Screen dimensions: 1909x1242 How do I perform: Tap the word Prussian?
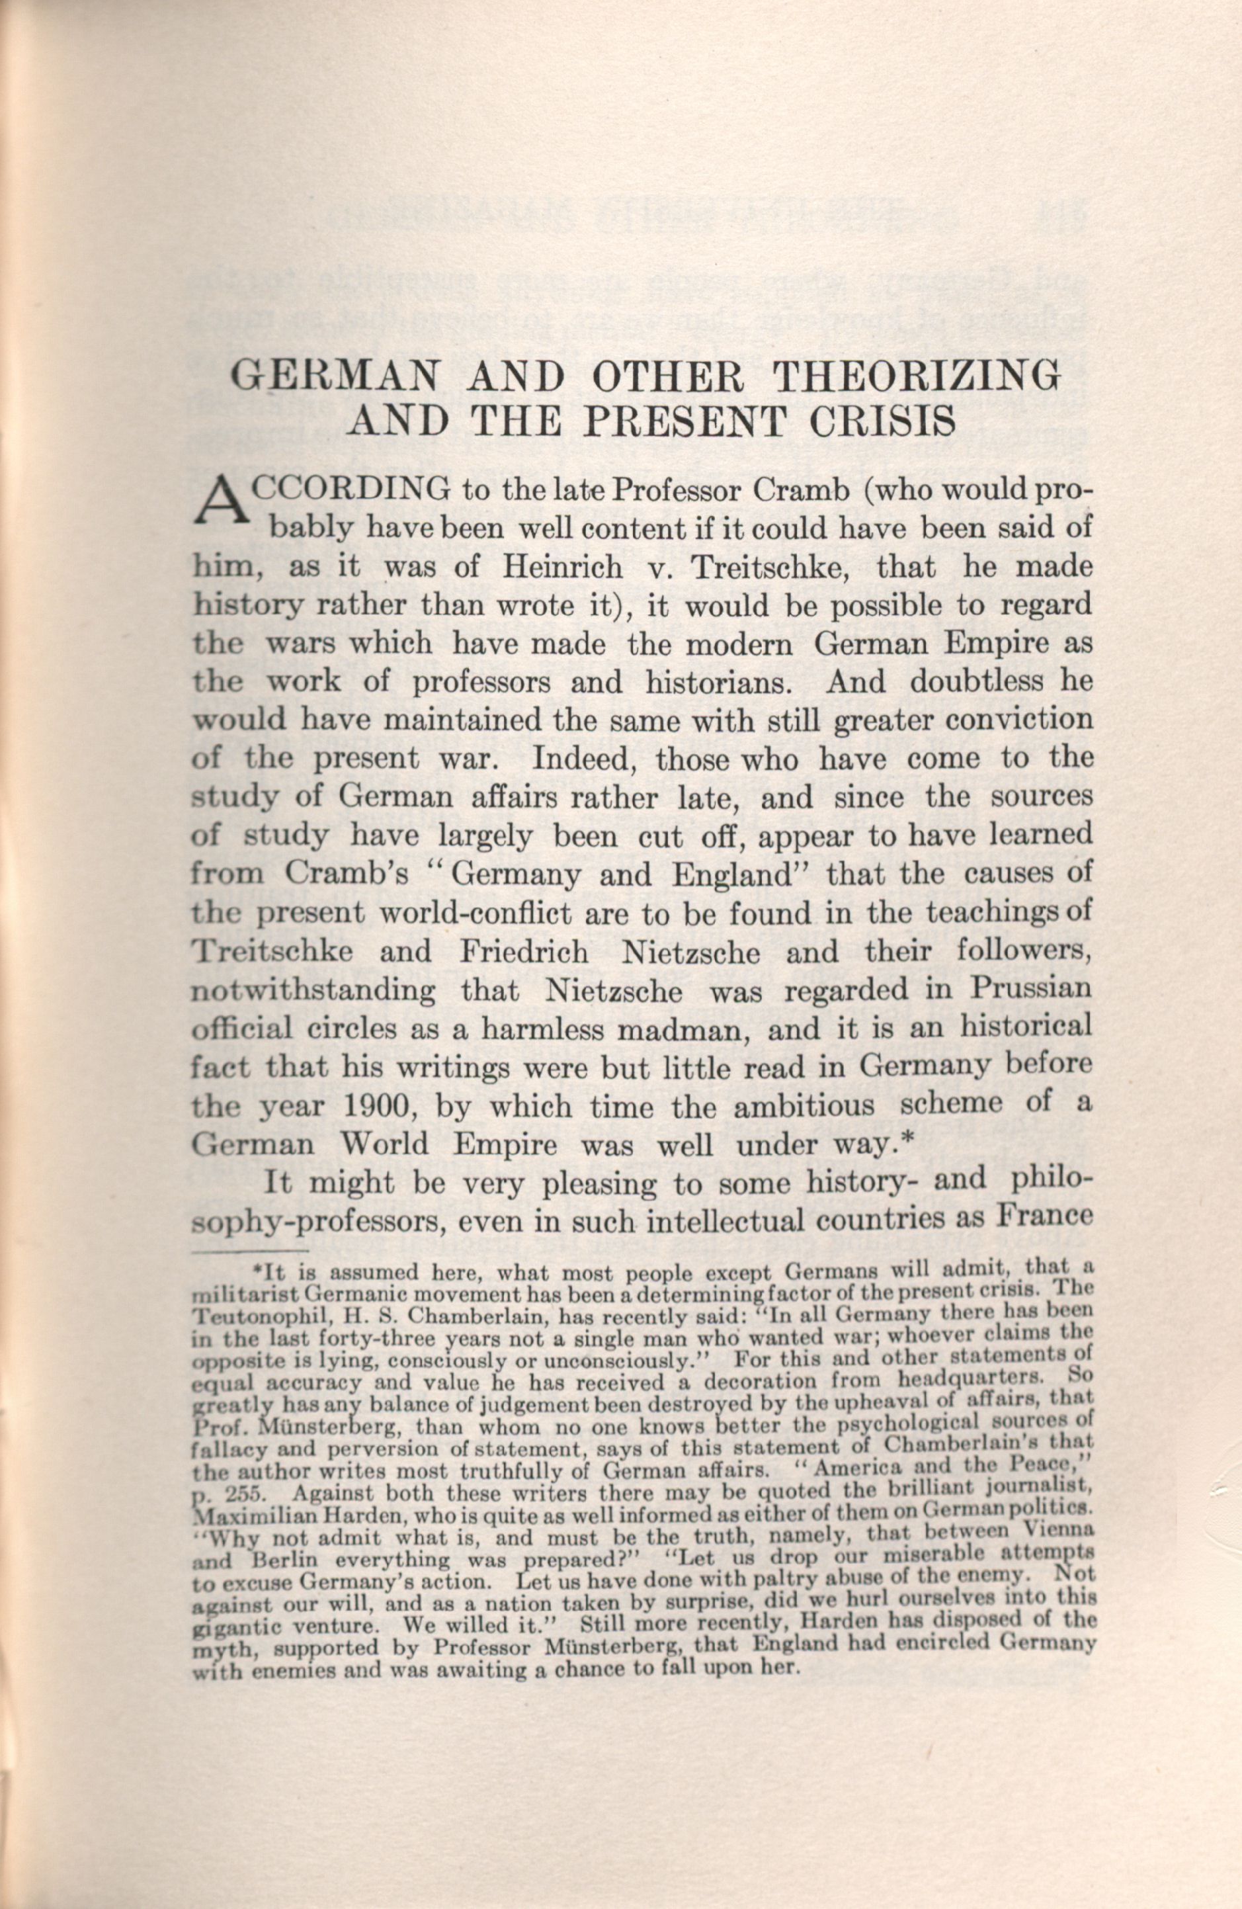(1030, 990)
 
